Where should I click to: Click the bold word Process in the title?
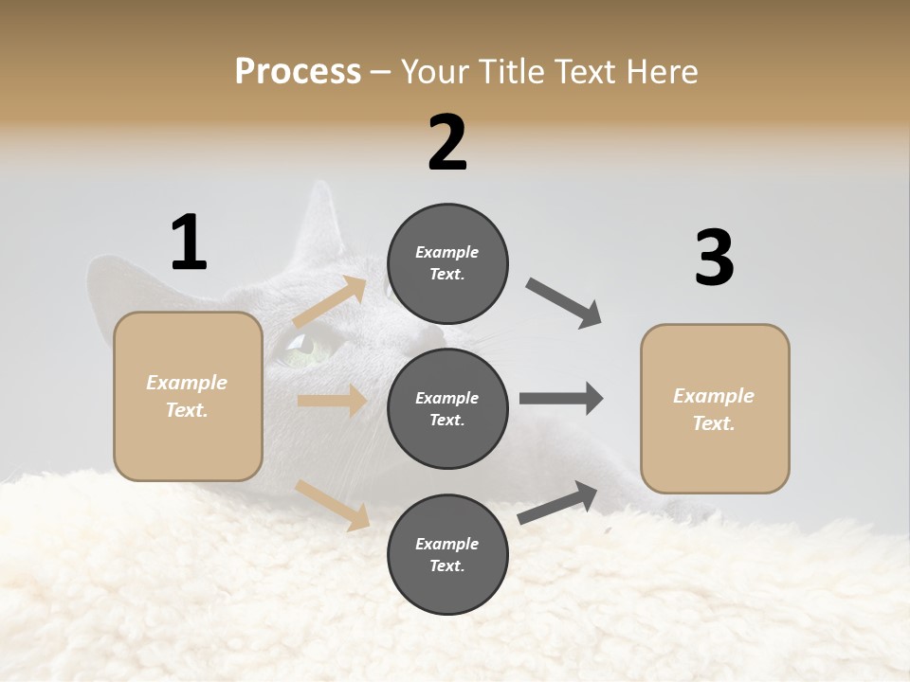point(298,71)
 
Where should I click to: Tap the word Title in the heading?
point(508,71)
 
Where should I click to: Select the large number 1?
point(189,242)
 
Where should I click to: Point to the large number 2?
point(447,143)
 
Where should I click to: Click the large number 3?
point(714,258)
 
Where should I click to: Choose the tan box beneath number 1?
point(188,396)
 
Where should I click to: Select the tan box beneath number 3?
point(715,409)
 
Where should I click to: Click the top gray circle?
point(447,263)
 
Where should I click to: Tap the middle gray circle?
point(447,408)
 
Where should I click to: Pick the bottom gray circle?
point(447,554)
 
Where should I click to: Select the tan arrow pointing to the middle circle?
point(332,401)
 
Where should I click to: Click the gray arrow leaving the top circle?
point(564,303)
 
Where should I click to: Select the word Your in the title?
point(436,71)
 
